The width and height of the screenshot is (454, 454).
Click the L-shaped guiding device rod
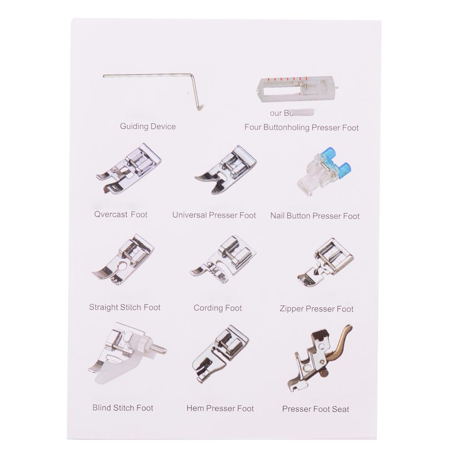[150, 76]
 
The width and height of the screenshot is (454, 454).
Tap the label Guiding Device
[148, 127]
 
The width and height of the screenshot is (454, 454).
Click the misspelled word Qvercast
[111, 215]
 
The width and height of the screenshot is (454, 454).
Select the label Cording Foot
[218, 308]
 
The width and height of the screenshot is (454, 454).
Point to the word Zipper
[292, 309]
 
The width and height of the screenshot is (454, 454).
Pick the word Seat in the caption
[340, 409]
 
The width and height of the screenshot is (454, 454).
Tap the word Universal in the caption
[190, 215]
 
